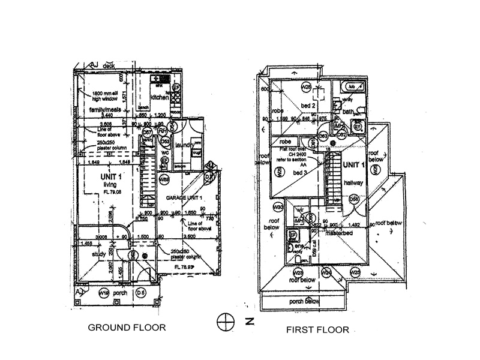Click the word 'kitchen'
[x=160, y=97]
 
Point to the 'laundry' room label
[x=184, y=145]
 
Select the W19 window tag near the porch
[x=104, y=293]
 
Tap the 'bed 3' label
[x=293, y=172]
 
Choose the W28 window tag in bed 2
[x=305, y=86]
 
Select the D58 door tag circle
[x=354, y=200]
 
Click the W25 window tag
[x=355, y=272]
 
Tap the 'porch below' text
[x=304, y=301]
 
